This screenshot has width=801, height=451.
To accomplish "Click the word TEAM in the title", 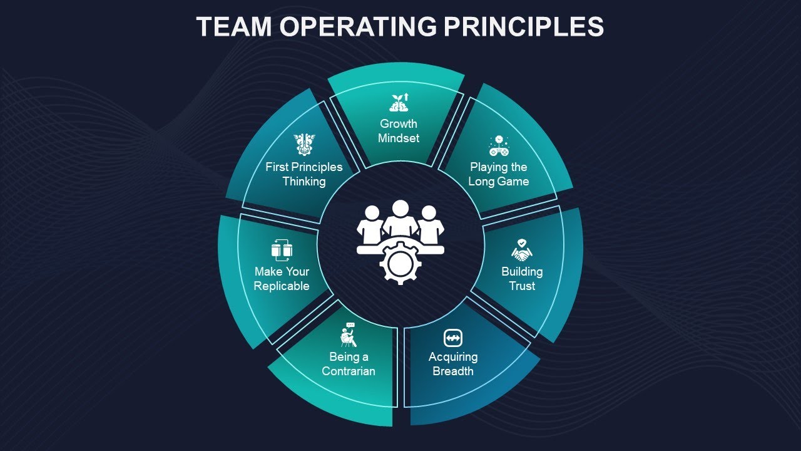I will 233,27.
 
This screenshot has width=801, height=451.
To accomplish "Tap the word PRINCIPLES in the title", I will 523,27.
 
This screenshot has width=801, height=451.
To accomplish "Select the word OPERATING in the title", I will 359,27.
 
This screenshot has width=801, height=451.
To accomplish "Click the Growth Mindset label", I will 399,130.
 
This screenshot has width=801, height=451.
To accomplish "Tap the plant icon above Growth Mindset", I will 399,102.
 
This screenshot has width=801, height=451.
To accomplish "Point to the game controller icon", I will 499,146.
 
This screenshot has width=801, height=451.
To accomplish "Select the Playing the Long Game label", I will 499,174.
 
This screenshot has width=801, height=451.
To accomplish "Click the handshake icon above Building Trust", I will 521,251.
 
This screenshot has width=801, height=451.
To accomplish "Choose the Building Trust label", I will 522,279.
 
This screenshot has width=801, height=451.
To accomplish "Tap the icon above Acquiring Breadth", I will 452,338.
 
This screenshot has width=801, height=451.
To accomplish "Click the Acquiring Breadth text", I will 453,364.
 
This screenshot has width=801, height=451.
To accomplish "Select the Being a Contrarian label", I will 349,364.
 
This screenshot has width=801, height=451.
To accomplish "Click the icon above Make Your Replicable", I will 282,250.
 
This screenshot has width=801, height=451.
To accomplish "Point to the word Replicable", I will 282,286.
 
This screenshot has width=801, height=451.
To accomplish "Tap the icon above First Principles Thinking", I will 305,145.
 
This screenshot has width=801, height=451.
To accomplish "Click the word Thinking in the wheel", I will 304,182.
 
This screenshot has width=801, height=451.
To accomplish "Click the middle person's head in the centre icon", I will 400,209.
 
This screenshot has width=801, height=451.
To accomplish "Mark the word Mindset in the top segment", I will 399,138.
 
